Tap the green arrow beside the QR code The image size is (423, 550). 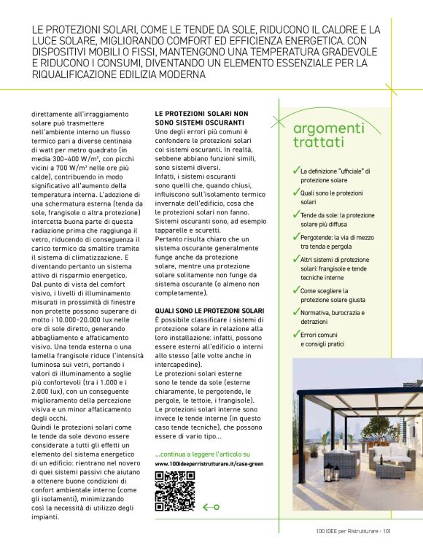coord(211,507)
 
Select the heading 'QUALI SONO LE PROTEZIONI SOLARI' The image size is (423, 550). coord(209,311)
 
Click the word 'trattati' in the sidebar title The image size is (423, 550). coord(318,143)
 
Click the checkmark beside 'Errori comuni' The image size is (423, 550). coord(296,335)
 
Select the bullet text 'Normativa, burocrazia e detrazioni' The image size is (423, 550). coord(332,317)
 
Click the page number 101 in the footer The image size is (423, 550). coord(387,531)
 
